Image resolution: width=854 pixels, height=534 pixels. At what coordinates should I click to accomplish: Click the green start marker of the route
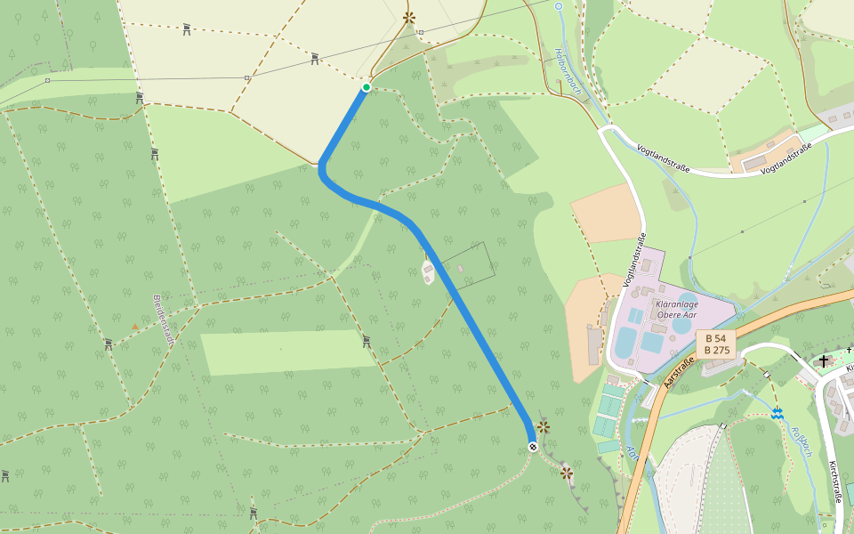pyautogui.click(x=366, y=87)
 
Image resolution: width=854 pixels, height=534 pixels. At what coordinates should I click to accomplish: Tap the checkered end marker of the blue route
pyautogui.click(x=532, y=447)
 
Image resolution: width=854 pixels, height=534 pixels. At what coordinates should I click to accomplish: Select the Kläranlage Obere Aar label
pyautogui.click(x=676, y=309)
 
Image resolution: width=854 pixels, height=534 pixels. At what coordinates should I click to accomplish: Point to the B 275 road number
pyautogui.click(x=717, y=350)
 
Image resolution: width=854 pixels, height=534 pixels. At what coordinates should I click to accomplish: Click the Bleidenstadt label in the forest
pyautogui.click(x=165, y=320)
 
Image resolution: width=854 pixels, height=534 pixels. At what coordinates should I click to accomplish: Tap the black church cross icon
pyautogui.click(x=825, y=360)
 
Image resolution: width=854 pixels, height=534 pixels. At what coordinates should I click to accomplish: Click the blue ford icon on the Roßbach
pyautogui.click(x=778, y=413)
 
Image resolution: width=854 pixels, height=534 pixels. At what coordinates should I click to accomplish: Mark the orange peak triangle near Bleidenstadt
pyautogui.click(x=135, y=327)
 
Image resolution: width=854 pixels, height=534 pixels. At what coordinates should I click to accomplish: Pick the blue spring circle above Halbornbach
pyautogui.click(x=559, y=6)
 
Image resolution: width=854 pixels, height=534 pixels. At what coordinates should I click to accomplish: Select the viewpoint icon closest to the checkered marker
pyautogui.click(x=543, y=428)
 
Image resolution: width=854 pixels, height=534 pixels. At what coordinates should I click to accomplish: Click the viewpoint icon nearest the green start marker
pyautogui.click(x=409, y=17)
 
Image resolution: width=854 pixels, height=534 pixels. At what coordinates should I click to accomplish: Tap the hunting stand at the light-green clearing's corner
pyautogui.click(x=366, y=340)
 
